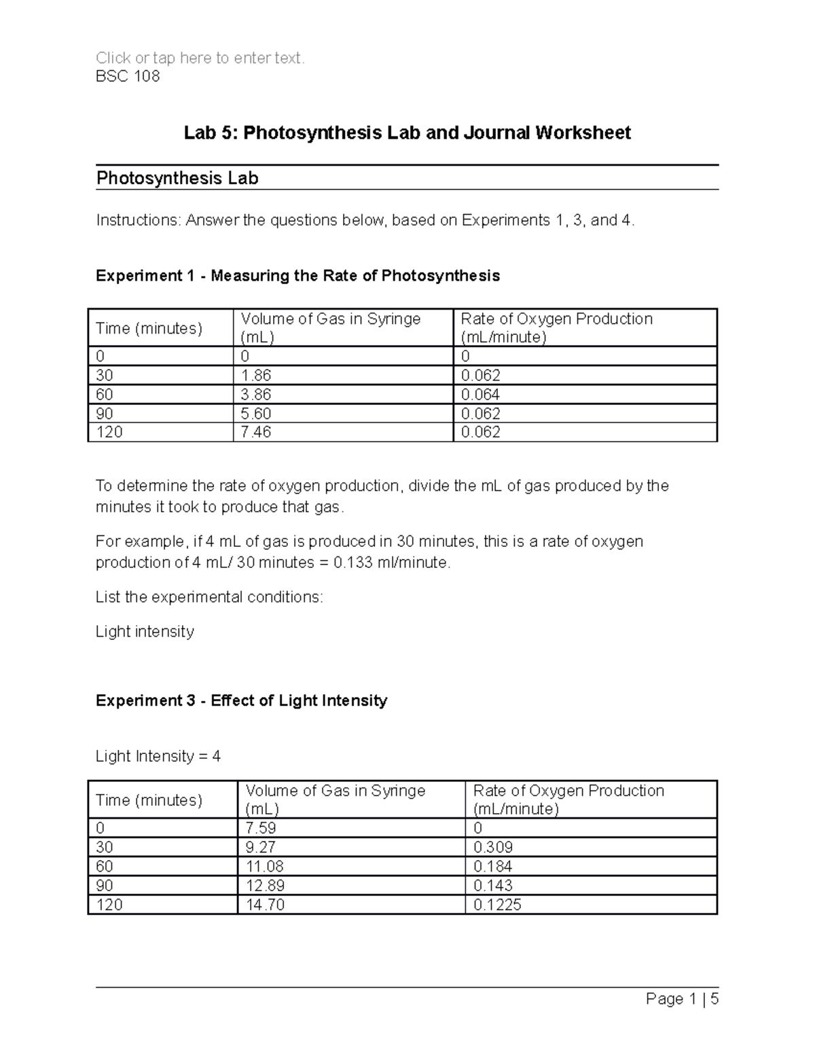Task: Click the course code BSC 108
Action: tap(128, 76)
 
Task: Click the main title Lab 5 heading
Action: tap(407, 132)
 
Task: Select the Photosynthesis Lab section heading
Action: tap(177, 179)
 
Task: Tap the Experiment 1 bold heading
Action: tap(297, 276)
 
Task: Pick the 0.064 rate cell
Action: tap(480, 395)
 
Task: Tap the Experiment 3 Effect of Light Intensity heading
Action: tap(241, 701)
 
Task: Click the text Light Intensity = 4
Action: tap(158, 757)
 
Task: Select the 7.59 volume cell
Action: tap(261, 828)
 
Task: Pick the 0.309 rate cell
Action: tap(492, 847)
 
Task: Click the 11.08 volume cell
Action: tap(264, 866)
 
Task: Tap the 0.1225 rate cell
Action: tap(496, 905)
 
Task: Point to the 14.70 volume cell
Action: tap(264, 905)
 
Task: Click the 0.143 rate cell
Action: tap(492, 885)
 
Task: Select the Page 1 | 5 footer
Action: tap(682, 999)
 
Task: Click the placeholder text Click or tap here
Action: tap(200, 58)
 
